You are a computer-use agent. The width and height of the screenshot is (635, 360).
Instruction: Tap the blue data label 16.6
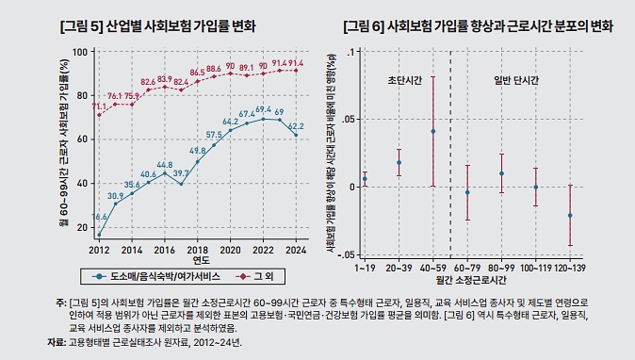coord(100,218)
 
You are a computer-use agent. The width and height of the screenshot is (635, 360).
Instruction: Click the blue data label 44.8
coord(165,165)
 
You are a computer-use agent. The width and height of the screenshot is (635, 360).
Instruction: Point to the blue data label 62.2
coord(295,125)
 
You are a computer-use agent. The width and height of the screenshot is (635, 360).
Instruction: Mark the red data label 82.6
coord(149,82)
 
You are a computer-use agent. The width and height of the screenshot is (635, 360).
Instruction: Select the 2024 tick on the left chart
coord(296,251)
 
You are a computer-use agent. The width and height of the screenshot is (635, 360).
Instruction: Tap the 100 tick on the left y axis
coord(79,52)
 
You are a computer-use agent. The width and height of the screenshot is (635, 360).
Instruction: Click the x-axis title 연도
coord(199,261)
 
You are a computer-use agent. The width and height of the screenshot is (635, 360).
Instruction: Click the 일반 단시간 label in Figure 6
coord(516,81)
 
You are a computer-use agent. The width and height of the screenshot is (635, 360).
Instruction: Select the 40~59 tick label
coord(432,269)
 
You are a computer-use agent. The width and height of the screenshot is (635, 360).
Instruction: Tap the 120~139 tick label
coord(570,269)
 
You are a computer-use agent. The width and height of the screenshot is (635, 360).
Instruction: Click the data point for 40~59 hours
coord(432,131)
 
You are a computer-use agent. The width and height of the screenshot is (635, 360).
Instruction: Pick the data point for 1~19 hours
coord(365,179)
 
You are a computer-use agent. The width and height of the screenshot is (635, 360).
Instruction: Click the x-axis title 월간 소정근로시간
coord(468,280)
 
